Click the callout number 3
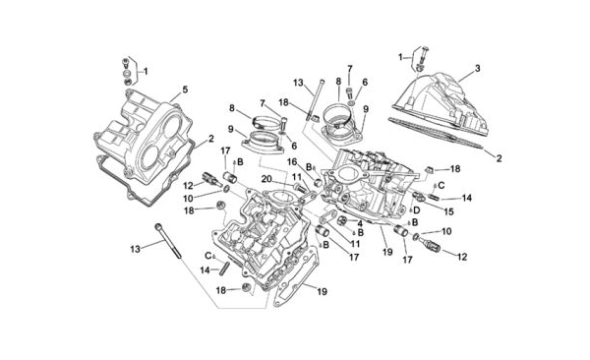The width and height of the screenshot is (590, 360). (x=477, y=69)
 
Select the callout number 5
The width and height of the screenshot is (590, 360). (x=185, y=90)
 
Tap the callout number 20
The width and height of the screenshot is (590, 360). (x=266, y=179)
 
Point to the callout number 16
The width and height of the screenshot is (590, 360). (x=292, y=162)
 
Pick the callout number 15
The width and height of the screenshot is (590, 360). (x=449, y=212)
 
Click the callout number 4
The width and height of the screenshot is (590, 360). (x=360, y=223)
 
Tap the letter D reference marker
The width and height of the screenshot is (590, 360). (x=416, y=210)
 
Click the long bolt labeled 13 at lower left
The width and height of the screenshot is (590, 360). (x=168, y=241)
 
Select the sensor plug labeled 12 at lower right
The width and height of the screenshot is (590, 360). (x=432, y=243)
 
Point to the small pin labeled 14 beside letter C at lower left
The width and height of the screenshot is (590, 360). (x=226, y=269)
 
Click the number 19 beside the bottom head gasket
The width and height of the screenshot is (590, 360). (x=322, y=291)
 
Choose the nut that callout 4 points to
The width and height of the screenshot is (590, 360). (x=340, y=220)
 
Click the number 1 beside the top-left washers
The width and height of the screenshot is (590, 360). (x=146, y=71)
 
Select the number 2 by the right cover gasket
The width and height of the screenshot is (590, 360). (x=499, y=158)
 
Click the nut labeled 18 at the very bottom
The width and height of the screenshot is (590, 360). (x=247, y=288)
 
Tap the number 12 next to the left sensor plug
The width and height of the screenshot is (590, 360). (x=188, y=185)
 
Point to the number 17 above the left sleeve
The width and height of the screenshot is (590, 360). (x=225, y=150)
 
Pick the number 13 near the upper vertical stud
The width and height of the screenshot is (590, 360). (x=298, y=83)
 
